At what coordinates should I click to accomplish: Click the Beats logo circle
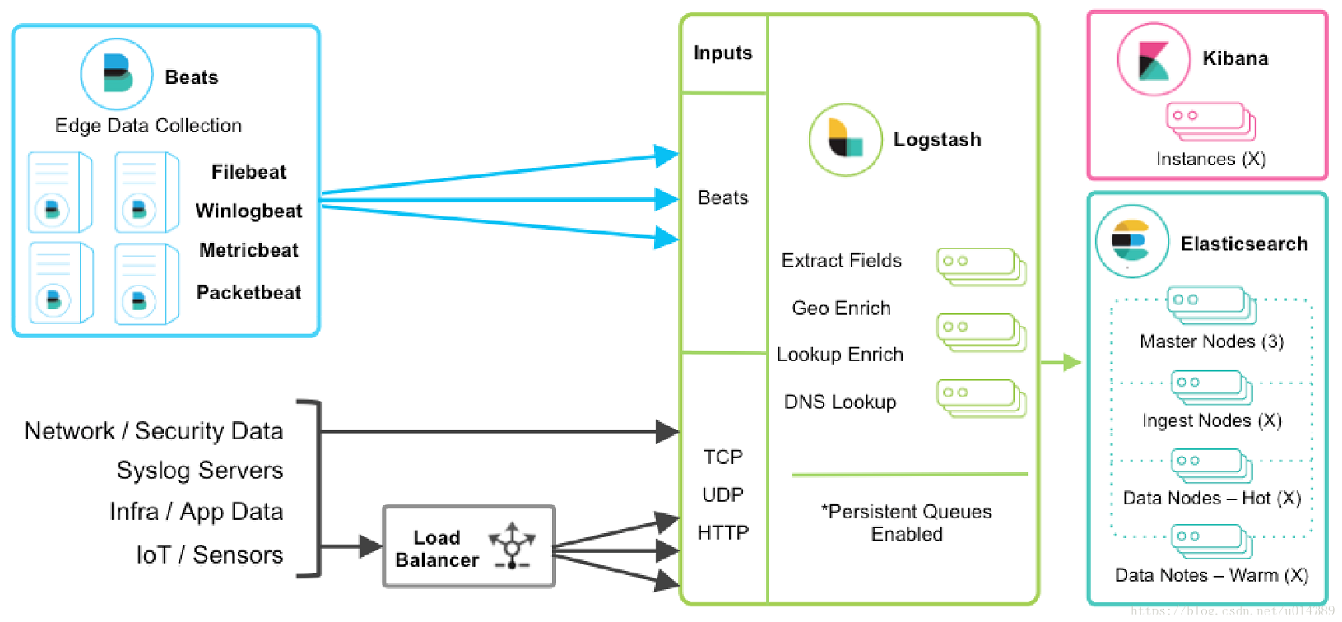pyautogui.click(x=117, y=75)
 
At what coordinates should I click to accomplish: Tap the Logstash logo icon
pyautogui.click(x=845, y=140)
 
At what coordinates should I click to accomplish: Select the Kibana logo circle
pyautogui.click(x=1154, y=59)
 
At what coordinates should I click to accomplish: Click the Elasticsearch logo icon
pyautogui.click(x=1131, y=241)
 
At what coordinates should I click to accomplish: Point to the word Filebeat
pyautogui.click(x=248, y=172)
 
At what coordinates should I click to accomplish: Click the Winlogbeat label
pyautogui.click(x=248, y=211)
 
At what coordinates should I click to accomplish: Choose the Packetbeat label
pyautogui.click(x=248, y=293)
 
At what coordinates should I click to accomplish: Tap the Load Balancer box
pyautogui.click(x=469, y=547)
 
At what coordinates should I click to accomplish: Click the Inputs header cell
pyautogui.click(x=722, y=53)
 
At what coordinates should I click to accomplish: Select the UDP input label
pyautogui.click(x=722, y=495)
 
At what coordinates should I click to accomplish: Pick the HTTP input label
pyautogui.click(x=722, y=533)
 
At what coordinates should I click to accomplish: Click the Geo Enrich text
pyautogui.click(x=841, y=309)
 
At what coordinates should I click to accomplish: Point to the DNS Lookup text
pyautogui.click(x=840, y=402)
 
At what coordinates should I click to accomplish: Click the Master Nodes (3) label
pyautogui.click(x=1211, y=341)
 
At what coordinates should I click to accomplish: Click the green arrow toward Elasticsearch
pyautogui.click(x=1061, y=362)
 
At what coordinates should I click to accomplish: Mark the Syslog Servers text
pyautogui.click(x=200, y=471)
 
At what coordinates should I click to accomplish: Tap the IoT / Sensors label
pyautogui.click(x=209, y=555)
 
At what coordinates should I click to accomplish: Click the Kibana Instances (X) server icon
pyautogui.click(x=1210, y=121)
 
